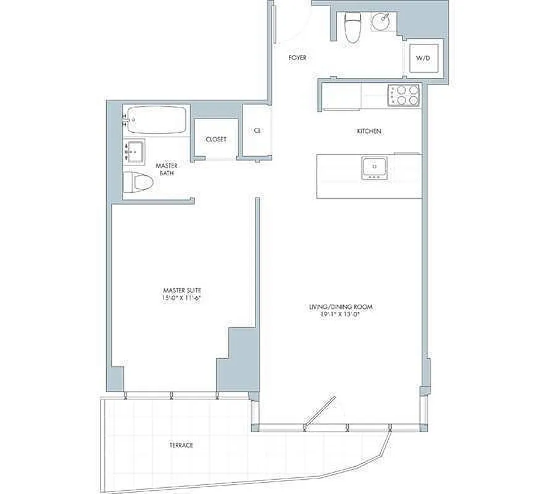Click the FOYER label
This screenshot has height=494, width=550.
(x=298, y=58)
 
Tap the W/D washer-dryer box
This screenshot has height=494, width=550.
(x=423, y=58)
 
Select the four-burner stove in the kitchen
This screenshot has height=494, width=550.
(x=404, y=96)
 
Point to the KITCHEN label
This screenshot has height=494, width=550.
(x=369, y=132)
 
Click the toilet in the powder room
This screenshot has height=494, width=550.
(x=352, y=28)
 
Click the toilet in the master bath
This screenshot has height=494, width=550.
(x=138, y=182)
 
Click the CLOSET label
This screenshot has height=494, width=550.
(x=215, y=140)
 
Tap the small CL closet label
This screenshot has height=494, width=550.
(x=256, y=131)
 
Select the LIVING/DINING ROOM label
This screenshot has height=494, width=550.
(x=344, y=306)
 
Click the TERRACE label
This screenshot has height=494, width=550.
(x=183, y=445)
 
